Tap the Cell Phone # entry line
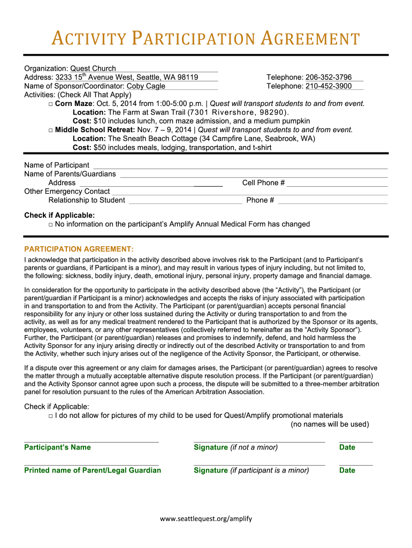click(337, 185)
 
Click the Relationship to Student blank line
click(185, 202)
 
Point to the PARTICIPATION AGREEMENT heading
click(79, 249)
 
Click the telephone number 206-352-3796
click(329, 78)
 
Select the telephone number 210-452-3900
click(329, 86)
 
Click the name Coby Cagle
click(146, 86)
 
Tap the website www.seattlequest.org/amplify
click(206, 518)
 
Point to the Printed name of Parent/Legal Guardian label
click(93, 470)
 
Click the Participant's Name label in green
click(58, 447)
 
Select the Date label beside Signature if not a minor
click(347, 447)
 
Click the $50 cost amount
click(100, 148)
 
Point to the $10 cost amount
click(100, 121)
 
